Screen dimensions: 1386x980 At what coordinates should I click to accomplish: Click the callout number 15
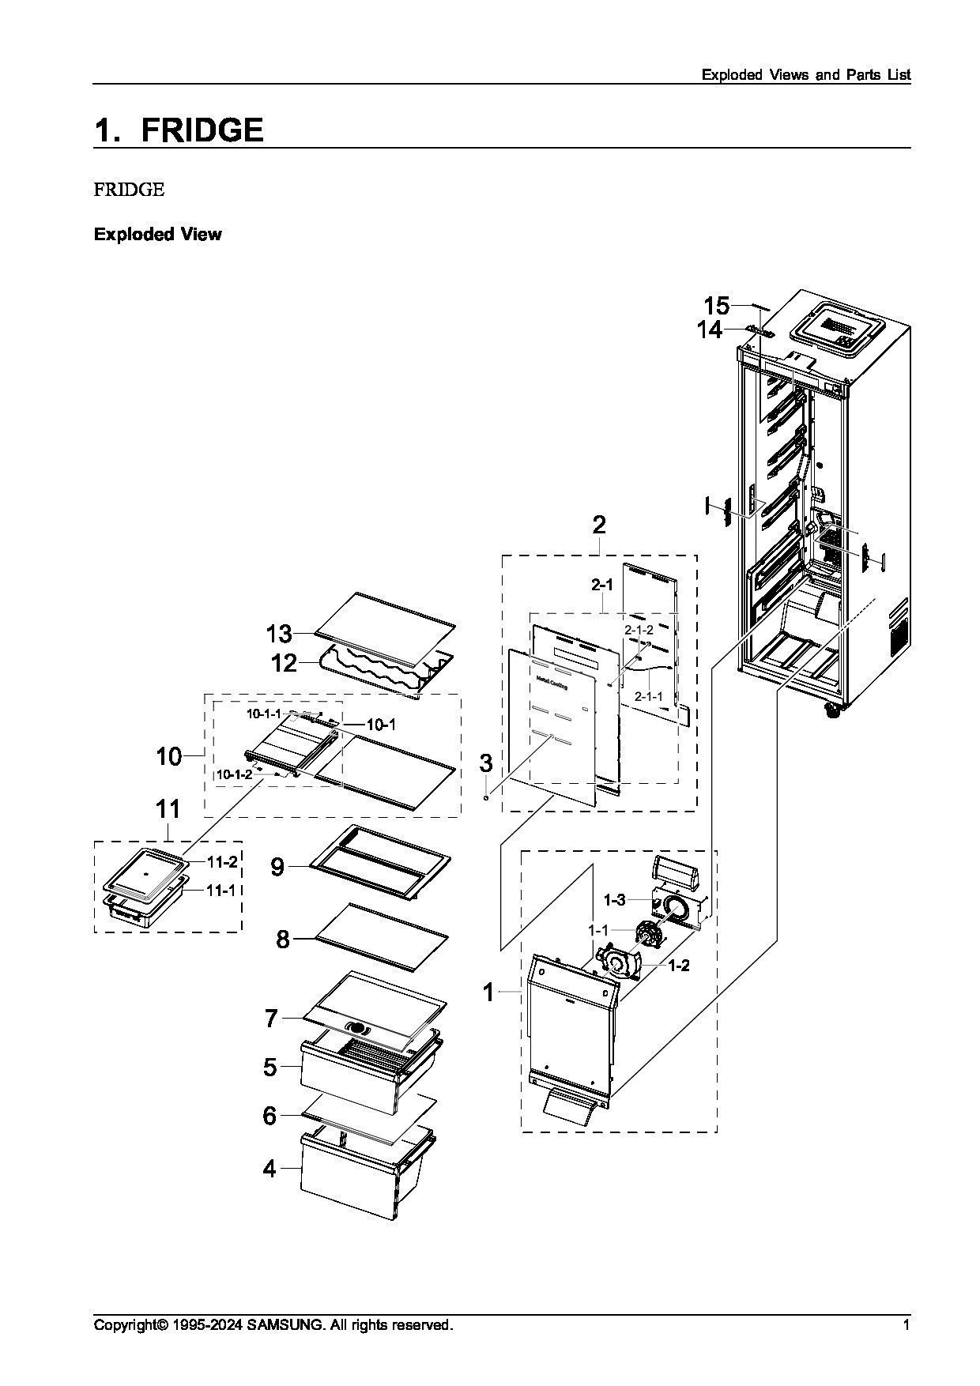coord(716,306)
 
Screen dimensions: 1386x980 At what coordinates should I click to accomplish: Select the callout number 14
coord(710,330)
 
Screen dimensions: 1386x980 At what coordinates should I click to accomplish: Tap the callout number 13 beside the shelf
coord(279,634)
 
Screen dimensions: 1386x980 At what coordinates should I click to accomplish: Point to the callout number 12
coord(284,663)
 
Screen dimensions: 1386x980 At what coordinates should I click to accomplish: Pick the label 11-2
coord(222,861)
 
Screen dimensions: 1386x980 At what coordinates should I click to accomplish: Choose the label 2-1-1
coord(648,696)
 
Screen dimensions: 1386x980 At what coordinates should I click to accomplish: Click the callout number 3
coord(486,763)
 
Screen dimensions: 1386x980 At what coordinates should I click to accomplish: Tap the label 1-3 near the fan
coord(614,899)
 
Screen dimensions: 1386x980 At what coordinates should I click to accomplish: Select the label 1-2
coord(679,966)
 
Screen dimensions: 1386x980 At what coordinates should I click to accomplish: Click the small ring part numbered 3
coord(487,797)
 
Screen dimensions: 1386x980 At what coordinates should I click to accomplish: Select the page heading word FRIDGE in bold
coord(202,130)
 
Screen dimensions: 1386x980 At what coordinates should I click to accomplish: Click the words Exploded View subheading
coord(157,234)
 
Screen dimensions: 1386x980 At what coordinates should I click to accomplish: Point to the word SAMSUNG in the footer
coord(285,1325)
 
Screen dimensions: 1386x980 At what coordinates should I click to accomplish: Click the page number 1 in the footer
coord(906,1325)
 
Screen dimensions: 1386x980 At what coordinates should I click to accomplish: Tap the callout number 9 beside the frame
coord(277,867)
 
